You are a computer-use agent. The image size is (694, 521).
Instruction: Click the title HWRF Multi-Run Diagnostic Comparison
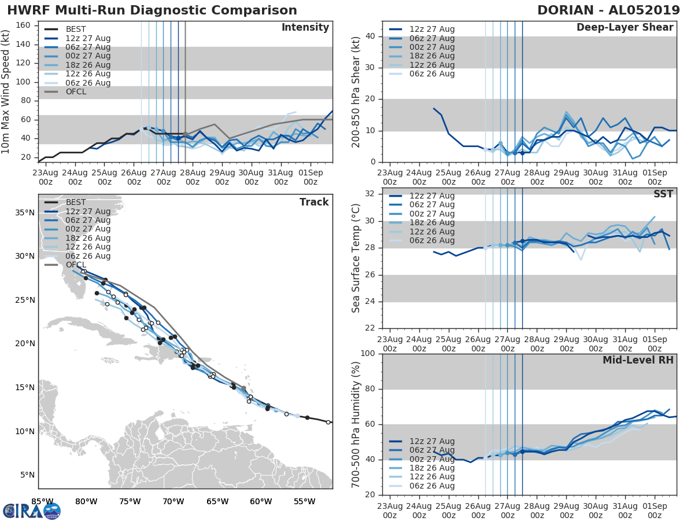[x=152, y=10]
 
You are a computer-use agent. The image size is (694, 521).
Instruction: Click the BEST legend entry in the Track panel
[x=76, y=202]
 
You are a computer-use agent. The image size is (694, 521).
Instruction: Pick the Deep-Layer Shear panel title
[x=625, y=28]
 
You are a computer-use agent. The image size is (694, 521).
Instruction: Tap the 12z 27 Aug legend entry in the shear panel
[x=431, y=29]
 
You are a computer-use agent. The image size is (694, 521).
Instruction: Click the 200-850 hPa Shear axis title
[x=356, y=91]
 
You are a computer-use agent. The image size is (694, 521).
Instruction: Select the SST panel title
[x=664, y=194]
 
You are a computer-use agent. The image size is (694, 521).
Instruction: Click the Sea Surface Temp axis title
[x=356, y=258]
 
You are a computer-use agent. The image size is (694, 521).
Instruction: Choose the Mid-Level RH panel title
[x=638, y=360]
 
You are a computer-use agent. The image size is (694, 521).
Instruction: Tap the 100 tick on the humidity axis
[x=368, y=353]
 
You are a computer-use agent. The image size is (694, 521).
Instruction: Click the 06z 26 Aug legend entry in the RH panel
[x=431, y=486]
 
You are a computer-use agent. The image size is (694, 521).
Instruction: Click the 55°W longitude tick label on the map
[x=305, y=501]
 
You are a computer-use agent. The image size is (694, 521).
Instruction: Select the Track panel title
[x=314, y=202]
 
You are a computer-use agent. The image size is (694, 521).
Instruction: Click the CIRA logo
[x=32, y=511]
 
